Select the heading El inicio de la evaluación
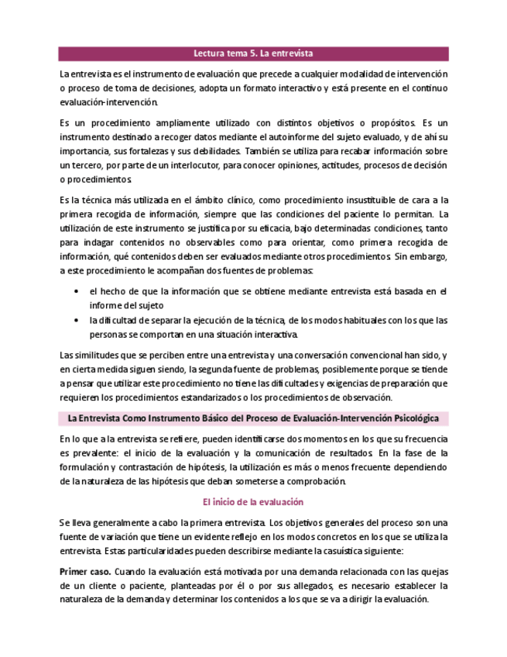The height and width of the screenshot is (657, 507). click(253, 502)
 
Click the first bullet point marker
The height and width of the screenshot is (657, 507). click(75, 291)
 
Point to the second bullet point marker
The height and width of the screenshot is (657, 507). click(75, 320)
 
